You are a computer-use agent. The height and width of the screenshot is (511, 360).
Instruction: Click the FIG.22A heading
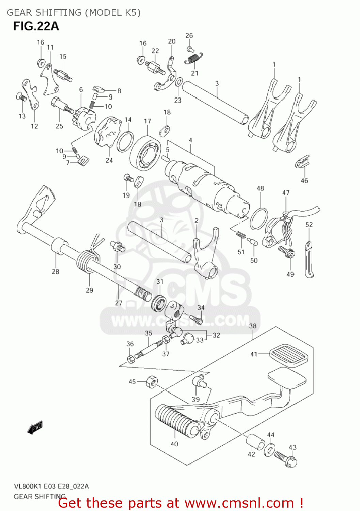36,26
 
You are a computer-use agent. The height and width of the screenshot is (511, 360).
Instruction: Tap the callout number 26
189,35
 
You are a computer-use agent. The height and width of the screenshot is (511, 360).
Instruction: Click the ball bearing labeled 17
146,153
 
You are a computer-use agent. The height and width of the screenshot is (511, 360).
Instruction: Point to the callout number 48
260,188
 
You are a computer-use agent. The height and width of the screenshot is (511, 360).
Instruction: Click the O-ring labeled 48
259,219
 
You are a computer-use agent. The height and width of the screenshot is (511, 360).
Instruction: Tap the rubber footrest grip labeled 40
176,421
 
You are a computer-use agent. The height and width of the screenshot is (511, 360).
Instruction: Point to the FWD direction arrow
35,427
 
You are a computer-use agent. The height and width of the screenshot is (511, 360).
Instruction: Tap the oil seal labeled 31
159,303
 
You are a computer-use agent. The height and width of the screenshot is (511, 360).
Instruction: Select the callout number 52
309,225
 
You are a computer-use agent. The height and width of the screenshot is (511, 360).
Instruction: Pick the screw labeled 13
21,97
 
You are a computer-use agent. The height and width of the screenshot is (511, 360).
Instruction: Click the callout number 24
109,160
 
